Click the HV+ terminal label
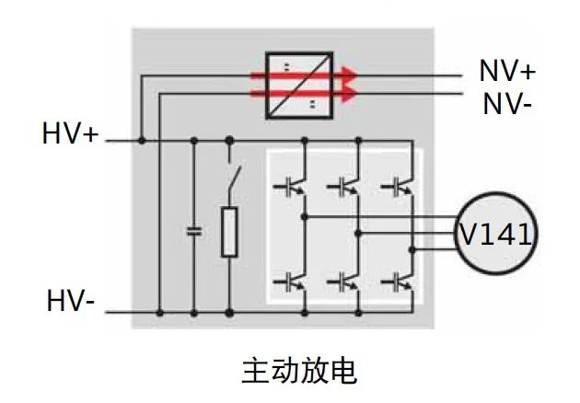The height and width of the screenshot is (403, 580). pyautogui.click(x=70, y=133)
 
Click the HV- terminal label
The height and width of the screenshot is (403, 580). pyautogui.click(x=72, y=302)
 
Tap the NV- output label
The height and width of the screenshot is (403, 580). pyautogui.click(x=506, y=102)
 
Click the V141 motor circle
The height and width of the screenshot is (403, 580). pyautogui.click(x=495, y=235)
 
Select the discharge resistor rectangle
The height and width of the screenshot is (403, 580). pyautogui.click(x=230, y=232)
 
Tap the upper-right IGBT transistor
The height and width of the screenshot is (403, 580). pyautogui.click(x=399, y=186)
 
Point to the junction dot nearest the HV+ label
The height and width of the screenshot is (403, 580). pyautogui.click(x=141, y=141)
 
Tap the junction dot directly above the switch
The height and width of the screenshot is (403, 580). pyautogui.click(x=229, y=141)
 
